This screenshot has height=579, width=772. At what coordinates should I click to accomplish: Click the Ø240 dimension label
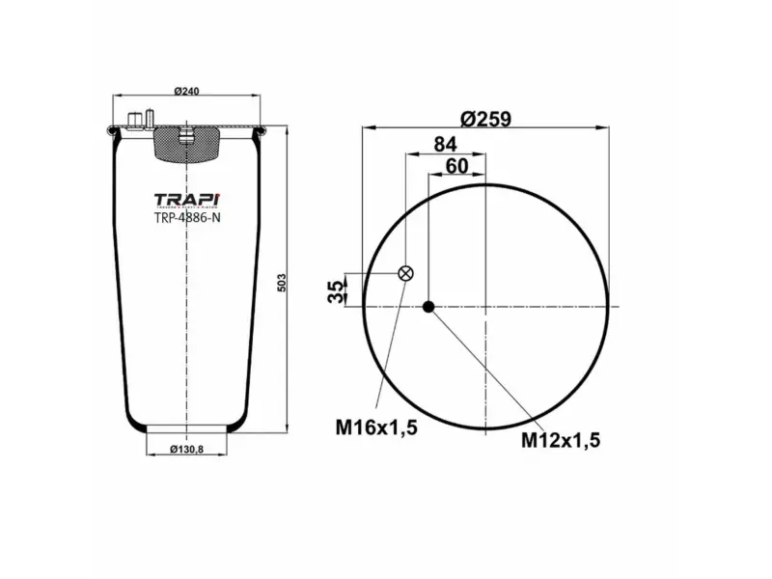(186, 91)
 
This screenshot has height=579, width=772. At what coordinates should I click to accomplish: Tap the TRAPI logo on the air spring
(186, 200)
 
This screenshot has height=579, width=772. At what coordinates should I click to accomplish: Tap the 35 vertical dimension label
(336, 291)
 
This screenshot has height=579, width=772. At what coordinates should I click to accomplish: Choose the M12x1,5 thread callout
(562, 440)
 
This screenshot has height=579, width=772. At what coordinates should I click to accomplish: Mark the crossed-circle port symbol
(406, 273)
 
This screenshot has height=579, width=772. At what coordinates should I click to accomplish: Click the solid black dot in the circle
(429, 307)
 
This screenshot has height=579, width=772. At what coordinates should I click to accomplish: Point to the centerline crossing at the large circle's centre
(487, 307)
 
